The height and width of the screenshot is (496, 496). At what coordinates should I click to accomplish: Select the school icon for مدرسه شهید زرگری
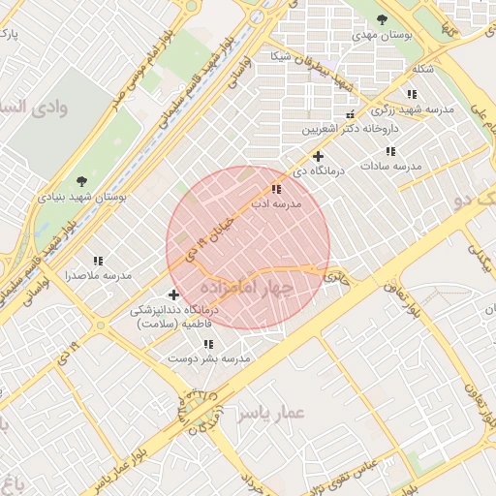(x=412, y=95)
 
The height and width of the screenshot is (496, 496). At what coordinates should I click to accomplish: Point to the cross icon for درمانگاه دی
(x=318, y=156)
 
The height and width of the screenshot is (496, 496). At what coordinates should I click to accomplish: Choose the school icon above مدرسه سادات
(x=390, y=152)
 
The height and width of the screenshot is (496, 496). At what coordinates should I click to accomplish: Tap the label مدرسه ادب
(x=277, y=204)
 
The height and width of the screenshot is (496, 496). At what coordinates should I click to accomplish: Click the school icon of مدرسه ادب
(x=277, y=190)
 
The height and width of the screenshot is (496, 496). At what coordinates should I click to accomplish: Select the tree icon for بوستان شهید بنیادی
(x=82, y=180)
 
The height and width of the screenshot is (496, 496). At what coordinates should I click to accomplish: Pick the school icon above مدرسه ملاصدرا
(x=98, y=261)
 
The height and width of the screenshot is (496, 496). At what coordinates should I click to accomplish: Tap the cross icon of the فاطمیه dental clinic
(x=173, y=294)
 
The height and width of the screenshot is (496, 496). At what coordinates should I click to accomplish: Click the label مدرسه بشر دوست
(x=209, y=358)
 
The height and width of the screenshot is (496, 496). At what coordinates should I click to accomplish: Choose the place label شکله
(x=423, y=69)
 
